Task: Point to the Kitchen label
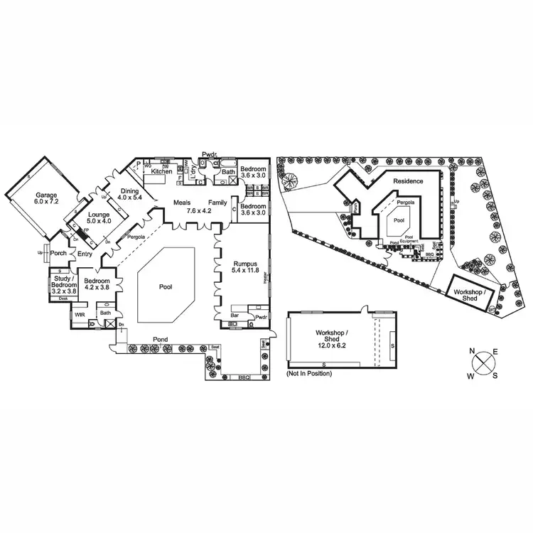coord(162,171)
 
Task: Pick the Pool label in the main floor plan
coord(165,287)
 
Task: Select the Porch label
coord(58,252)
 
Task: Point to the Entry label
coord(85,254)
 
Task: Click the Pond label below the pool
coord(160,340)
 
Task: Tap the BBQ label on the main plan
coord(244,377)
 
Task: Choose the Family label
coord(217,203)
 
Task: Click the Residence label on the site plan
coord(408,181)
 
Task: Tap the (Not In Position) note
coord(308,373)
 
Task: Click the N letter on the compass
coord(472,350)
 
